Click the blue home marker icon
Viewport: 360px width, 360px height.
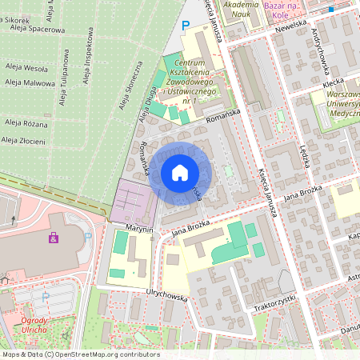click(180, 172)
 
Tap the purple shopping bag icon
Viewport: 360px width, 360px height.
click(54, 238)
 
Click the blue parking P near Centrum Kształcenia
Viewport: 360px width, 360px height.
click(186, 26)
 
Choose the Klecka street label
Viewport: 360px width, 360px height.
click(333, 82)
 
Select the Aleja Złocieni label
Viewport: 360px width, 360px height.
click(23, 141)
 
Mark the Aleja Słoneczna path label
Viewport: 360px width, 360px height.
click(130, 86)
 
